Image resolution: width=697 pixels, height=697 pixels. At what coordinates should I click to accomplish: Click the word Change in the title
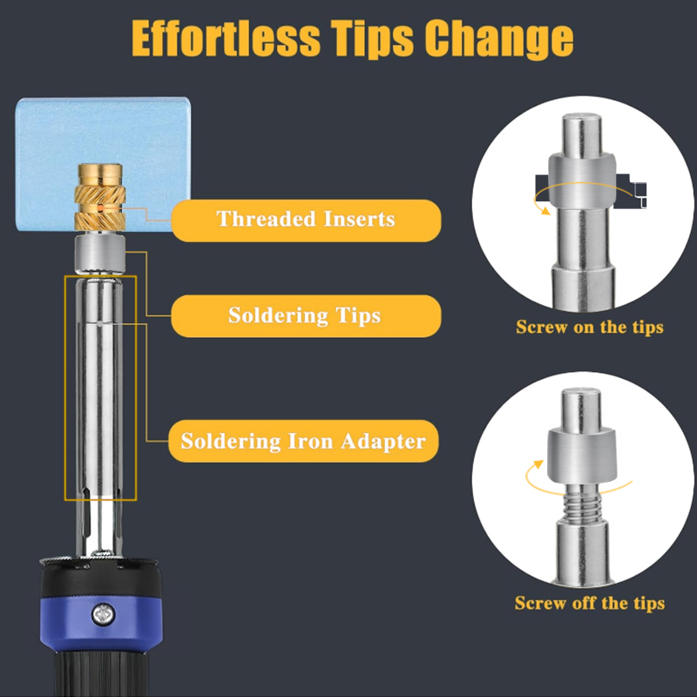[498, 39]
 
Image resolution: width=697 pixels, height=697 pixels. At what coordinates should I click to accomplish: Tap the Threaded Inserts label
[306, 220]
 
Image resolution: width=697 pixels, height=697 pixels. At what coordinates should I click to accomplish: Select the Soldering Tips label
[306, 316]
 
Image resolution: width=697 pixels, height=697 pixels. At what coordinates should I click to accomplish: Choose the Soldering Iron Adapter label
[303, 441]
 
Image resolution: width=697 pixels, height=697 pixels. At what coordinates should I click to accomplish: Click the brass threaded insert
[99, 197]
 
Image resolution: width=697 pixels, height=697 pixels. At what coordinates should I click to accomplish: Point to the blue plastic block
[103, 164]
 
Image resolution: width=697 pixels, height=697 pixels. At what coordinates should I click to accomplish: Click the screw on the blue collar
[103, 615]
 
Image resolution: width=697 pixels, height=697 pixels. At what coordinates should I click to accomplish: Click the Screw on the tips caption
[590, 328]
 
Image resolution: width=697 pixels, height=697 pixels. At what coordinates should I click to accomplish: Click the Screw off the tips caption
[590, 603]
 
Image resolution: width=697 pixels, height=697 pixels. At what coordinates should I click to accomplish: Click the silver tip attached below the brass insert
[100, 254]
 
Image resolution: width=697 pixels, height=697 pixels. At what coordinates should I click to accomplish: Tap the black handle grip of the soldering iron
[101, 673]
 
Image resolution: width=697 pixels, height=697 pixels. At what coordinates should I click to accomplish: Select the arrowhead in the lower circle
[538, 464]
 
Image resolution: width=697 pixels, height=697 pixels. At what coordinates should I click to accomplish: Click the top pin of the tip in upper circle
[582, 136]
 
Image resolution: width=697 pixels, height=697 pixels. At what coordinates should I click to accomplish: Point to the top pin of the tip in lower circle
[581, 409]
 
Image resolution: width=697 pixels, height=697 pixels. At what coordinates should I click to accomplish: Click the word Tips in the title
[373, 39]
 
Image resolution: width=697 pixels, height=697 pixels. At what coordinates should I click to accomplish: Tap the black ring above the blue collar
[101, 578]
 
